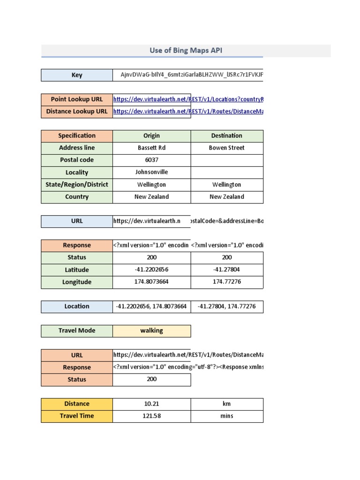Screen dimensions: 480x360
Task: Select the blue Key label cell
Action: click(77, 75)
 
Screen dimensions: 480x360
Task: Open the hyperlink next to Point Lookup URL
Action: click(188, 99)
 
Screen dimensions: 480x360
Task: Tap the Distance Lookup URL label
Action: click(77, 112)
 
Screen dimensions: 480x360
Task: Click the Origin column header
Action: click(151, 136)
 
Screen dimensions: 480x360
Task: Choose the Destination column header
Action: click(226, 136)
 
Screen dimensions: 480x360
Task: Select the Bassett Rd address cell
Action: click(151, 148)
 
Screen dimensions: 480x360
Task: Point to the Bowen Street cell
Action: click(226, 148)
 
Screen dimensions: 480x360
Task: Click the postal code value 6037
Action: click(151, 160)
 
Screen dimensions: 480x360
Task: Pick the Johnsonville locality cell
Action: click(151, 172)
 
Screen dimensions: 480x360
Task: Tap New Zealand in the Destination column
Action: click(226, 197)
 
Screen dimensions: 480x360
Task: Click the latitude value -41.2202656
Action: click(151, 270)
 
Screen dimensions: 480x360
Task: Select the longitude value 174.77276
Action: click(226, 282)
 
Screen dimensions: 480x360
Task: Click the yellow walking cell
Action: click(151, 331)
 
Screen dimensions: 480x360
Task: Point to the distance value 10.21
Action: click(151, 404)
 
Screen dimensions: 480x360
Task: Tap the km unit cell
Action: click(226, 404)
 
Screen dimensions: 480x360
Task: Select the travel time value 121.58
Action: click(151, 416)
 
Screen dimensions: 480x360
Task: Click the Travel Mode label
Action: click(77, 331)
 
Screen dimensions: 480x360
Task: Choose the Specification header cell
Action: click(77, 136)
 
